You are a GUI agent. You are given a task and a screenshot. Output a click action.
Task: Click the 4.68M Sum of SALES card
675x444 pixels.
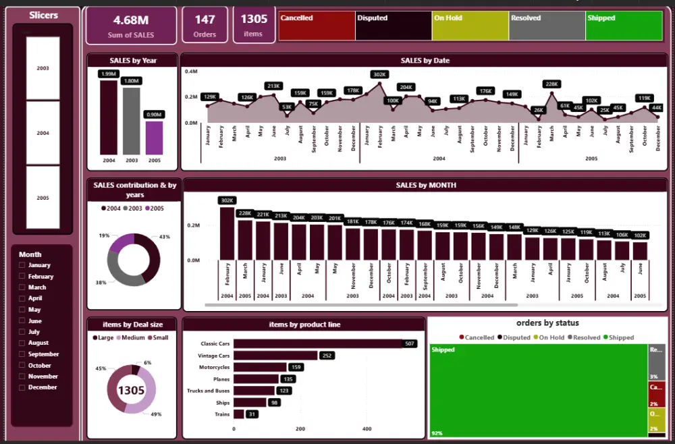131,25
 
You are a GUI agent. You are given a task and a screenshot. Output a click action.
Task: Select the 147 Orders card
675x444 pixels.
205,25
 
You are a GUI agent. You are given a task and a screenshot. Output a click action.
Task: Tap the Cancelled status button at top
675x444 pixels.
316,25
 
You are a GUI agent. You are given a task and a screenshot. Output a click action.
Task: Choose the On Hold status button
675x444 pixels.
470,25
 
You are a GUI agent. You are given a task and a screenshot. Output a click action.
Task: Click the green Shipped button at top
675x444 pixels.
624,25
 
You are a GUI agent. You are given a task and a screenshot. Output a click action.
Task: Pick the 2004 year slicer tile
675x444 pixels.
43,133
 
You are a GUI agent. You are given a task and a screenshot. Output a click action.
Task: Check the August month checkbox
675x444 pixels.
22,343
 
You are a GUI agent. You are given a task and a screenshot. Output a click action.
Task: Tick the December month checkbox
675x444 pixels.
22,387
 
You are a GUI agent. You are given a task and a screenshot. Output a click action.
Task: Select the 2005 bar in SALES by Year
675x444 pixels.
155,138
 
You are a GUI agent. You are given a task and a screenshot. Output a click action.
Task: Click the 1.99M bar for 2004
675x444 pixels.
109,117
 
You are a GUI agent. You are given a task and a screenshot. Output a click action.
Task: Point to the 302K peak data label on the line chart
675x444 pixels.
379,75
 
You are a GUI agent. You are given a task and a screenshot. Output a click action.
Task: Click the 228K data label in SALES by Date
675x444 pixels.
551,84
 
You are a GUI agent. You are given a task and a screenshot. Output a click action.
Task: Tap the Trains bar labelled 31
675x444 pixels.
238,414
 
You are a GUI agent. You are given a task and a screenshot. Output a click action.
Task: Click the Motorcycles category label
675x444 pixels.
214,367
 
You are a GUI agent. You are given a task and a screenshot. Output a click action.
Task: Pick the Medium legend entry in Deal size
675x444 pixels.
129,337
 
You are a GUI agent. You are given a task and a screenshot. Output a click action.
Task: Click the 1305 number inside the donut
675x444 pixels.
131,389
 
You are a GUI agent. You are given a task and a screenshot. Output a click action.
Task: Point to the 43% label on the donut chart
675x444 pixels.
165,237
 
